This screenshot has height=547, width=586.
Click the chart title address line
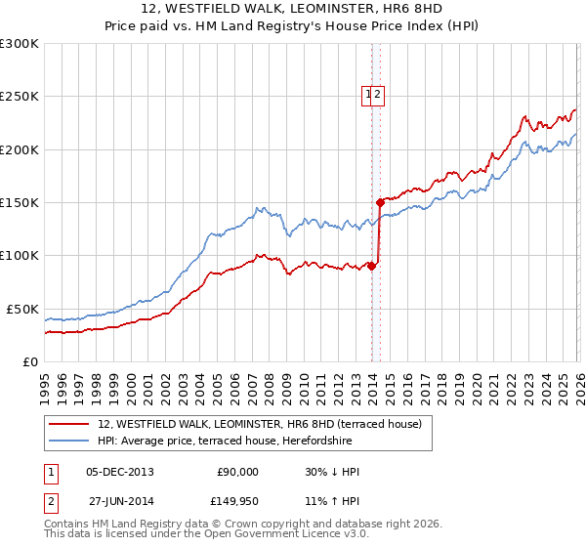[292, 9]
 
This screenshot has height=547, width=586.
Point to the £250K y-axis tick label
[20, 97]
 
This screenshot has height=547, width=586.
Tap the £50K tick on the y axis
[22, 309]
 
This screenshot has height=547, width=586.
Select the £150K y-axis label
[20, 203]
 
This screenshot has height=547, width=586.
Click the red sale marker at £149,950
[380, 203]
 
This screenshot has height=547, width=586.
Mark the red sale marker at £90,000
[371, 266]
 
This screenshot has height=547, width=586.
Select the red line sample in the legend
[69, 424]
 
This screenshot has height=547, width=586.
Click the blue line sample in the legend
[69, 441]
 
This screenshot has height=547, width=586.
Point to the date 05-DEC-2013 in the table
[120, 472]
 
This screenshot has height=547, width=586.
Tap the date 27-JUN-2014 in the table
[120, 501]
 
